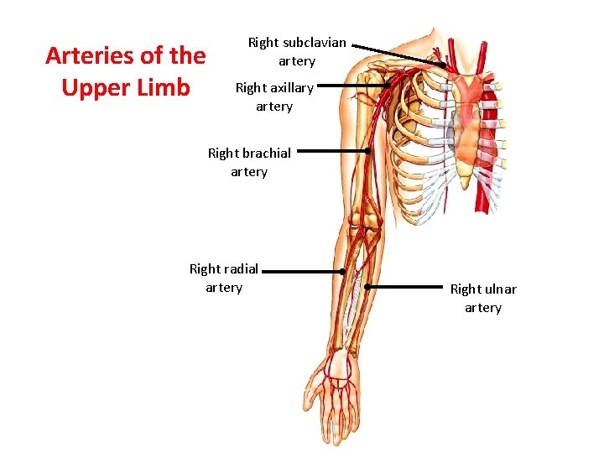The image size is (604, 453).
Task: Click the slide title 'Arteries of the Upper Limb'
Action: coord(125,71)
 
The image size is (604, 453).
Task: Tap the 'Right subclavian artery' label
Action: coord(297,51)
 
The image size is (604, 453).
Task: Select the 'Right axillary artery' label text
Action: coord(274,96)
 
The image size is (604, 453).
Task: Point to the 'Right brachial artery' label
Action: coord(249,162)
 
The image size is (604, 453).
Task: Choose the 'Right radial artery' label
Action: coord(224,278)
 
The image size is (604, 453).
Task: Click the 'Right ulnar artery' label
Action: coord(483,298)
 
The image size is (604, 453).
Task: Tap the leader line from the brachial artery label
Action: coord(331,152)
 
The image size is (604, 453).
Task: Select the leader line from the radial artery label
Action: coord(306,272)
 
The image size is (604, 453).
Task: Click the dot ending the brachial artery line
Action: coord(367,152)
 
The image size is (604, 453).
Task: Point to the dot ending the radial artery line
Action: coord(342,272)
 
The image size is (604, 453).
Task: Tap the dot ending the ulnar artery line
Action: coord(367,286)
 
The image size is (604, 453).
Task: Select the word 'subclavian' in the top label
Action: coord(315,42)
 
